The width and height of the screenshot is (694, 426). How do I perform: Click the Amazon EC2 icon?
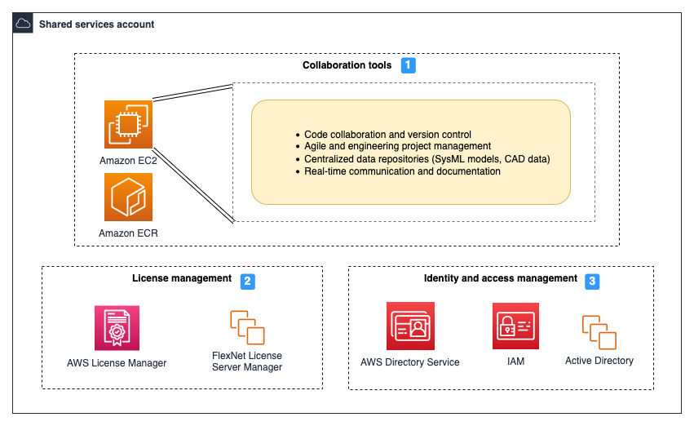point(128,124)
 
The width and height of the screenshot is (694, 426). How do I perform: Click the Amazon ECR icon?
point(128,197)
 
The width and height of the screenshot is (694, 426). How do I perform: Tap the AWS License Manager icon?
point(117,328)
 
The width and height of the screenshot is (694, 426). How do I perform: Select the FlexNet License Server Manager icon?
point(248,327)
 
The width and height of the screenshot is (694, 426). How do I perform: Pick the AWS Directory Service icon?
point(410,326)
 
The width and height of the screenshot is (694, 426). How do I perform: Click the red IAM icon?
point(515,326)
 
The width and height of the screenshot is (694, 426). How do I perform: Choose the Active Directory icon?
point(599,332)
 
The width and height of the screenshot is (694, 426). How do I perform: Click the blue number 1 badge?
point(409,65)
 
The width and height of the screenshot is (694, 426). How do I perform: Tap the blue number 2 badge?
point(248,281)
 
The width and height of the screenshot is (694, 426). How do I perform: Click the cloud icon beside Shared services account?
point(24,24)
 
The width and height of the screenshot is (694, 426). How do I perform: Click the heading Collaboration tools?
point(347,65)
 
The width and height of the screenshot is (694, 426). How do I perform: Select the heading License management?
point(182,278)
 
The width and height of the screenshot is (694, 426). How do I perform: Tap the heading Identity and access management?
point(500,278)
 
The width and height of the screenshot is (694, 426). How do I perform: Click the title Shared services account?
point(96,24)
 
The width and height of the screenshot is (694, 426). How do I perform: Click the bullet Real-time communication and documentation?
point(402,171)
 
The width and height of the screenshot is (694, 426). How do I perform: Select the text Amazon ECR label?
point(128,233)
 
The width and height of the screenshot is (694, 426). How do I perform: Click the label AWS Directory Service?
point(410,362)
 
